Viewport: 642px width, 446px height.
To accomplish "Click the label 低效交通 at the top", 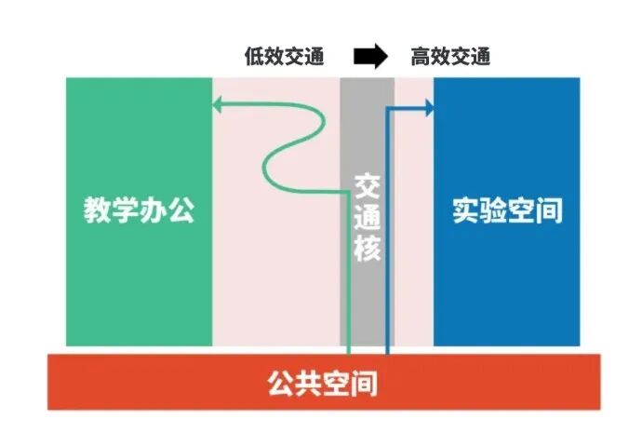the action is (284, 58).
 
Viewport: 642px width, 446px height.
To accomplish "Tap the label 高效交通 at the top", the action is (449, 58).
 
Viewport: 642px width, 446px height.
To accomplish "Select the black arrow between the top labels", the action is (369, 58).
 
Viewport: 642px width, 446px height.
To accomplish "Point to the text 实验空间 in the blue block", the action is (507, 209).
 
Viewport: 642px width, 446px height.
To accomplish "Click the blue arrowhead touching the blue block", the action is (429, 109).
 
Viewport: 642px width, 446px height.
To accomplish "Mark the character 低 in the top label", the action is (253, 58).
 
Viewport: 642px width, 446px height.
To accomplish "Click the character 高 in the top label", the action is (420, 58).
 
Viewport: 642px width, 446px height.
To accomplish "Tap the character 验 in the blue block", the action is (494, 209).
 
